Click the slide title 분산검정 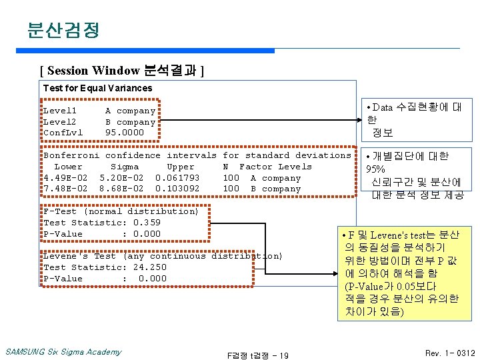point(63,30)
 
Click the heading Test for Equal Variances point(97,88)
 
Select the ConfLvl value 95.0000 point(124,133)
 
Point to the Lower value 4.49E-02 point(65,178)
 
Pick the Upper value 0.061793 point(177,178)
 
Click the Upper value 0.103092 point(177,189)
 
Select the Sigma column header point(125,167)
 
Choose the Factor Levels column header point(275,167)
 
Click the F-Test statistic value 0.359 point(147,223)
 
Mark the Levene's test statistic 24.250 point(150,267)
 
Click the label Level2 point(60,122)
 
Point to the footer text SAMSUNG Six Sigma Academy point(63,352)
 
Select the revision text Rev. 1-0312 point(450,352)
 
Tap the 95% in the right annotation point(376,169)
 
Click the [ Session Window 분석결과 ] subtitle point(122,70)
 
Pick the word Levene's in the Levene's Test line point(65,256)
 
